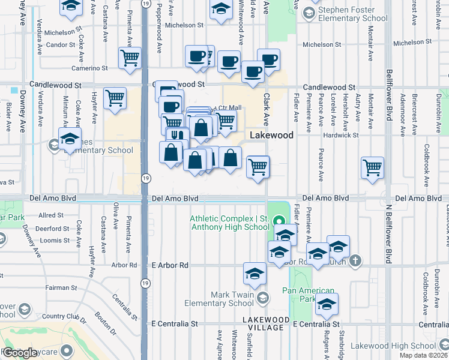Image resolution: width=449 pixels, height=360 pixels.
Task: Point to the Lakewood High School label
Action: pos(394,346)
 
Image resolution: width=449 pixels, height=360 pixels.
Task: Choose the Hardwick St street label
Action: pos(340,135)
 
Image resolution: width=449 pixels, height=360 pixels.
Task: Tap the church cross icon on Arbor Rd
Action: pos(356,260)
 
